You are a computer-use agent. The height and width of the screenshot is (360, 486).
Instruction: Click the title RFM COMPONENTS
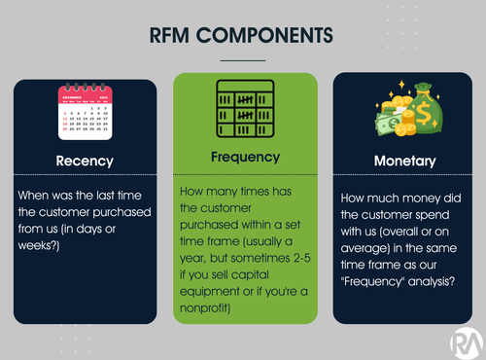[243, 35]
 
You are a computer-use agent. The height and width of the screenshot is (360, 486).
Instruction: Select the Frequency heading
[245, 156]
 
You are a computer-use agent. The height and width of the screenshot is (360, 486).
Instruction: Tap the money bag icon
[403, 113]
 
